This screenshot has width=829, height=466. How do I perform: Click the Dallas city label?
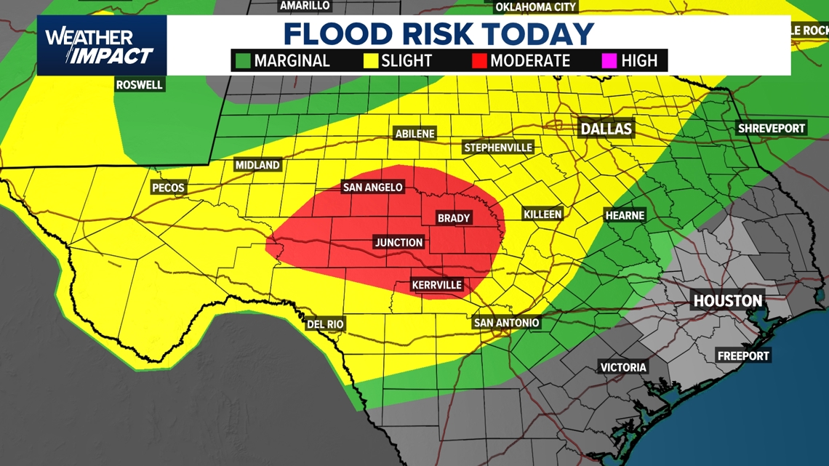coord(606,129)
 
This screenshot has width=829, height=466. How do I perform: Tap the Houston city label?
coord(727,300)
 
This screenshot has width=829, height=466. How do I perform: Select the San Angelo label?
coord(372,188)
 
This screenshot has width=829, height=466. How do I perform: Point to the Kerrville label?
coord(436,285)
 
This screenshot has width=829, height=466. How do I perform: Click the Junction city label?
coord(399,243)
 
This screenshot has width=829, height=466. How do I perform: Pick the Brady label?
coord(454,218)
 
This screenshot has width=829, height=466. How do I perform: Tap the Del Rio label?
coord(325,324)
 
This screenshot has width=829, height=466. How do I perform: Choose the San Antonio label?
coord(506,323)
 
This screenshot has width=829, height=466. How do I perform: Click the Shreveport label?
coord(772,129)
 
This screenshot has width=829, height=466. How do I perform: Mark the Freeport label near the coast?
coord(742,355)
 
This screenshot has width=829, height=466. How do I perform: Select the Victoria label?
coord(623,367)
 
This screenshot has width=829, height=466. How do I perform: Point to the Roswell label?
coord(140,85)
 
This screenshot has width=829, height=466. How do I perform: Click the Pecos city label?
coord(168,188)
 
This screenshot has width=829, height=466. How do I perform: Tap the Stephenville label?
coord(498,148)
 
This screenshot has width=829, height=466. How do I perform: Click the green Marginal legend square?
coord(242,61)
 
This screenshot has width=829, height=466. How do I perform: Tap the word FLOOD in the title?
coord(336,34)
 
